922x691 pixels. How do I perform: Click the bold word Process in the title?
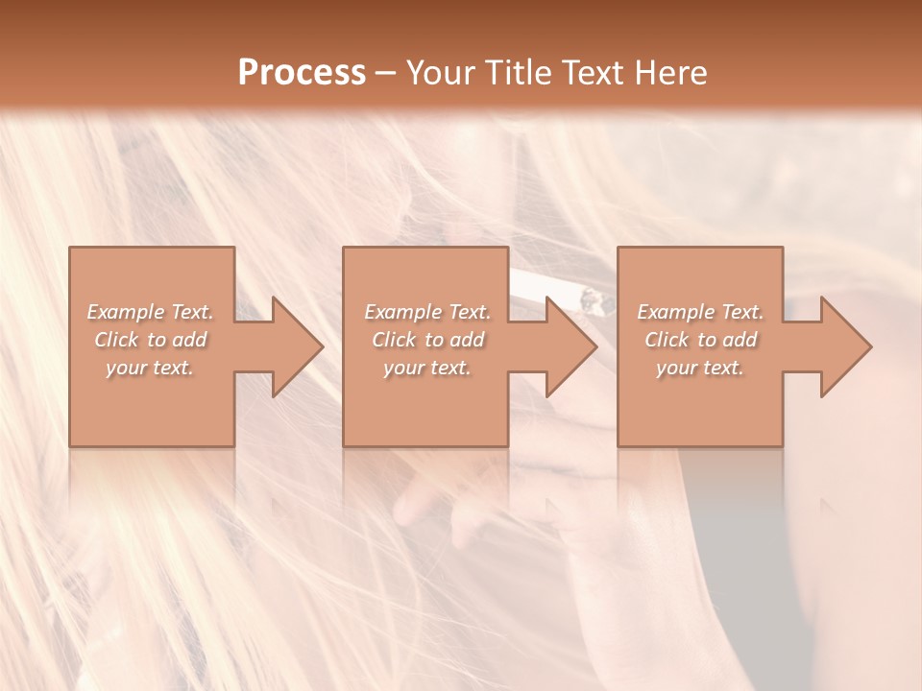pyautogui.click(x=302, y=73)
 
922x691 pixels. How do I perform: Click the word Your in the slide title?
pyautogui.click(x=444, y=73)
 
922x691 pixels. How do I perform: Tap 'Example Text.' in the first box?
pyautogui.click(x=151, y=312)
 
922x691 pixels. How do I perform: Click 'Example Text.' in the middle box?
pyautogui.click(x=427, y=312)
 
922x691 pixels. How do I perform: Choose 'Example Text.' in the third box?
pyautogui.click(x=700, y=312)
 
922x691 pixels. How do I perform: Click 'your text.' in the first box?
pyautogui.click(x=151, y=368)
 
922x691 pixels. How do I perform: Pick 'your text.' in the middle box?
pyautogui.click(x=427, y=368)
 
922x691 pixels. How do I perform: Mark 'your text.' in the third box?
pyautogui.click(x=700, y=368)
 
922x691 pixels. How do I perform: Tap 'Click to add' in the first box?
pyautogui.click(x=151, y=340)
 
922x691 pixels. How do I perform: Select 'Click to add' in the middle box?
pyautogui.click(x=427, y=340)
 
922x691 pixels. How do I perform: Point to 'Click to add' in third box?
pyautogui.click(x=700, y=340)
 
